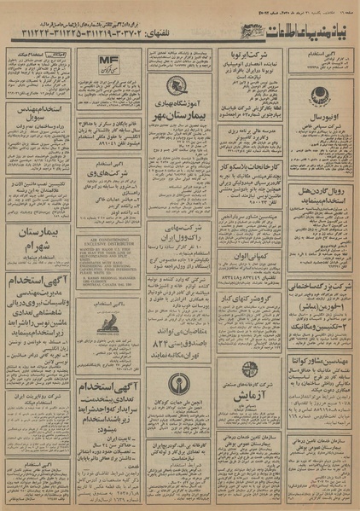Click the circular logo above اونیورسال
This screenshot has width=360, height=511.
coord(321,96)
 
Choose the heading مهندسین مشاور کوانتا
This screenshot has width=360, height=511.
coord(321,363)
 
